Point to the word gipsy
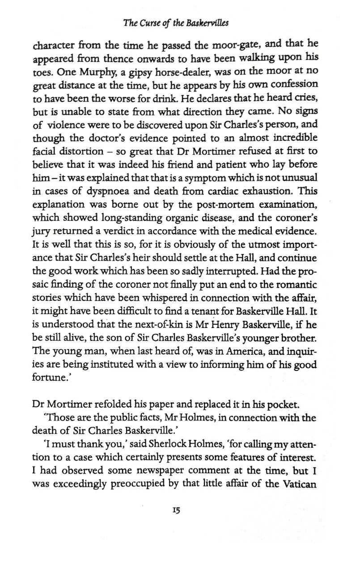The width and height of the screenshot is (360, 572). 127,71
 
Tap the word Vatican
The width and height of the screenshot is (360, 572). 298,484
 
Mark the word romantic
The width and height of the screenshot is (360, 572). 296,285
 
